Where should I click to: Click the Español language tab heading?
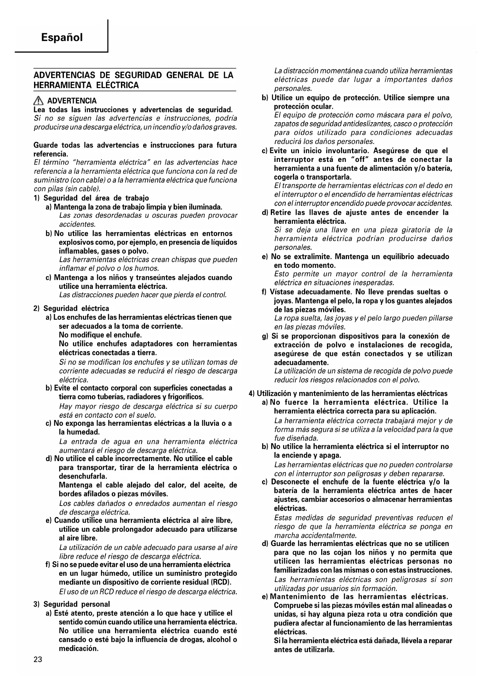click(61, 38)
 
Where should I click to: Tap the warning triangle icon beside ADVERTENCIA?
click(38, 101)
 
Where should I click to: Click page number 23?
click(38, 659)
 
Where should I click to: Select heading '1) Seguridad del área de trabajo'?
click(91, 198)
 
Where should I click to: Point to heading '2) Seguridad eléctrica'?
click(71, 308)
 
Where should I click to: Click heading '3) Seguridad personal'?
click(72, 604)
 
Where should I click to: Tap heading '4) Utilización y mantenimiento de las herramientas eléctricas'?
click(348, 394)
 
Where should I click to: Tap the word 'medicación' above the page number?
click(78, 648)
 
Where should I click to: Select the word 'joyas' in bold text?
click(283, 301)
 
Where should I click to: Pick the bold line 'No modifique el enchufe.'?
click(100, 335)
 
